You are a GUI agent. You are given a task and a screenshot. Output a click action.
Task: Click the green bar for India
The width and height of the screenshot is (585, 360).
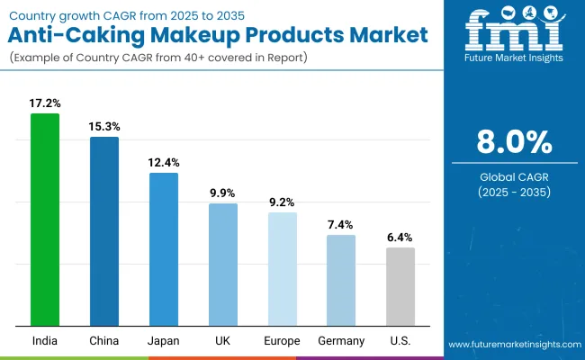[x=45, y=220]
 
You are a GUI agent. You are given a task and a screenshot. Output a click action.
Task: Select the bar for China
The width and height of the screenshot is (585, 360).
[x=104, y=231]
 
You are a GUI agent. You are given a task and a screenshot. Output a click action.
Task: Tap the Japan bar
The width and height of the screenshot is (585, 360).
[x=164, y=249]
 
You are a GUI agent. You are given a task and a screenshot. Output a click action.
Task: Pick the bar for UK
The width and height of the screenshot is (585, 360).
[x=223, y=265]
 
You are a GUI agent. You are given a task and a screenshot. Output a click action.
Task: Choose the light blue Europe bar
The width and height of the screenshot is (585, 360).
[x=282, y=269]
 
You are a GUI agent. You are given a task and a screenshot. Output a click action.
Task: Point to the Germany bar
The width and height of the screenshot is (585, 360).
[x=341, y=280]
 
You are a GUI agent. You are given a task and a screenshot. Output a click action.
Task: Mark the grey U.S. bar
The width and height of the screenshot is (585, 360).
[x=400, y=286]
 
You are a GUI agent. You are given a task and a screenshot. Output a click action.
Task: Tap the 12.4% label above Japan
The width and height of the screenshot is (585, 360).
[x=164, y=163]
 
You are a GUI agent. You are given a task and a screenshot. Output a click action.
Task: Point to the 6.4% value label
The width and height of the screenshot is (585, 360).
[x=400, y=238]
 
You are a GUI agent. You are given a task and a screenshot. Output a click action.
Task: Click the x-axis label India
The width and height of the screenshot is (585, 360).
[x=45, y=341]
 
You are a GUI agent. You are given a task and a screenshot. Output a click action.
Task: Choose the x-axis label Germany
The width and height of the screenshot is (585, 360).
[x=341, y=341]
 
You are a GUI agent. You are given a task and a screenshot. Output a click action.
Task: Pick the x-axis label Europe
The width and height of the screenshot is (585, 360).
[x=282, y=341]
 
